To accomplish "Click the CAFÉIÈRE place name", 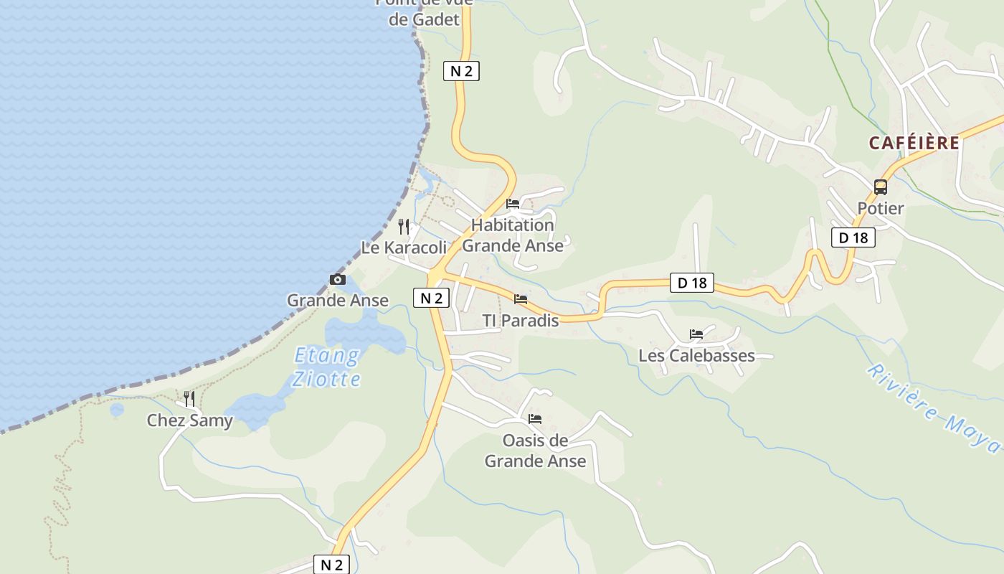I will (914, 143).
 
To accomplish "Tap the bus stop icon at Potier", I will (881, 187).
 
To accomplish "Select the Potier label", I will (881, 208).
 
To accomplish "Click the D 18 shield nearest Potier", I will (853, 237).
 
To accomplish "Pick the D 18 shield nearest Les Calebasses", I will (692, 283).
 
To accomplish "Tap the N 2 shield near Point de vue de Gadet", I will (461, 71).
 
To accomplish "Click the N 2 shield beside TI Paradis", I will (431, 298).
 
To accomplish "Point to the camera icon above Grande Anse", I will (338, 279).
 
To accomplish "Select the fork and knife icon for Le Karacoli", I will (404, 227).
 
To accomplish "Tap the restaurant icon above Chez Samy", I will (189, 398).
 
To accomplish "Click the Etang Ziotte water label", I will (327, 367).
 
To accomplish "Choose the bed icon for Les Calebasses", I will (696, 334).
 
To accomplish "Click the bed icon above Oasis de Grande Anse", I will (535, 418).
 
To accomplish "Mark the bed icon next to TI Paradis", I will (521, 298).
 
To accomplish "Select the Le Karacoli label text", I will (404, 248).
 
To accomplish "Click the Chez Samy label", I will (190, 420).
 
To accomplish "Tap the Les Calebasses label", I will (696, 355).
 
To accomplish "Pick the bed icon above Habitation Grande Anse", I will (513, 204).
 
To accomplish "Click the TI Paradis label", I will (521, 321).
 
